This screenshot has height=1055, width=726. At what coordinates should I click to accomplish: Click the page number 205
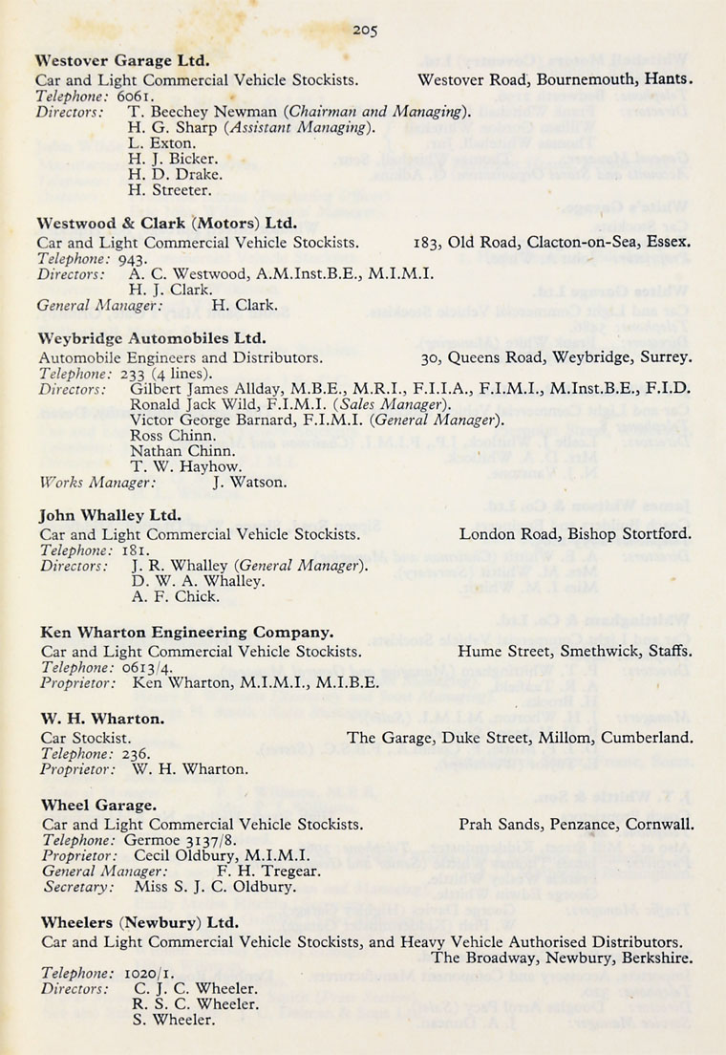pyautogui.click(x=364, y=31)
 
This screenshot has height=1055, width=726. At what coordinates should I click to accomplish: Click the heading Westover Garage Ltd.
pyautogui.click(x=122, y=60)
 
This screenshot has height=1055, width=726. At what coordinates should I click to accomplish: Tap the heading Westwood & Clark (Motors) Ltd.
pyautogui.click(x=167, y=223)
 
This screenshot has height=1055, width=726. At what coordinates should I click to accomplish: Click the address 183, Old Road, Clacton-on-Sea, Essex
pyautogui.click(x=553, y=242)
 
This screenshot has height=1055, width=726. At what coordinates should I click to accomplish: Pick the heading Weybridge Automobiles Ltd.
pyautogui.click(x=152, y=338)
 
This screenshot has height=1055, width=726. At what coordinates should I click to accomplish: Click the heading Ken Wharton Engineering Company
pyautogui.click(x=186, y=633)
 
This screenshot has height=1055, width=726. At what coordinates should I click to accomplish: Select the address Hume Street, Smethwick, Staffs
pyautogui.click(x=575, y=652)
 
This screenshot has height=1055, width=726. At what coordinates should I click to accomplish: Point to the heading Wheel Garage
pyautogui.click(x=98, y=806)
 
